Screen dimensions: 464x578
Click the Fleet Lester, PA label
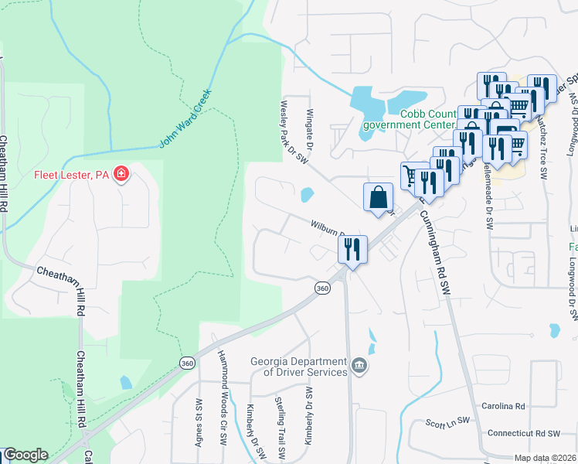point(73,174)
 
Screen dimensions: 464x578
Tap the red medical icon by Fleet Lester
point(121,174)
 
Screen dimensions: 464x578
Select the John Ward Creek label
point(185,118)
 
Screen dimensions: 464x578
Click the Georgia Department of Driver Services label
point(299,367)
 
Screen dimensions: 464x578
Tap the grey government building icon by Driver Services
point(359,365)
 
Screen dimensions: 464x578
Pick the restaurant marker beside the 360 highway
point(352,250)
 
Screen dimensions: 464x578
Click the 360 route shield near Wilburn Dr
point(322,288)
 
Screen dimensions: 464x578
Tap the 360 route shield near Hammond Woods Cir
point(187,363)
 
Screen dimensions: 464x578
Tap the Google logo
point(25,455)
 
